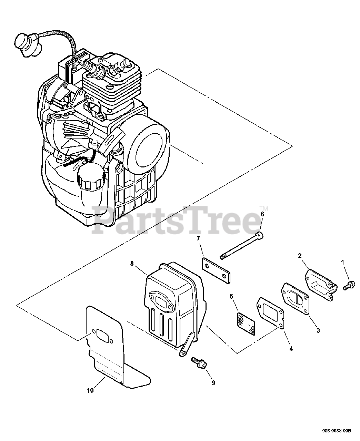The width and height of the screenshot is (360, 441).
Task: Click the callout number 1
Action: (343, 263)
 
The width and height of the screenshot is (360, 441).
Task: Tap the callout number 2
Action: (300, 255)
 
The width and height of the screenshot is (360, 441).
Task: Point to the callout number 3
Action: (318, 330)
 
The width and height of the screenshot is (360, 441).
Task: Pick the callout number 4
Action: (291, 349)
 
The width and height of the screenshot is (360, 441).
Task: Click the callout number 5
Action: (232, 296)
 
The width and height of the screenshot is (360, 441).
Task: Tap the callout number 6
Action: (262, 214)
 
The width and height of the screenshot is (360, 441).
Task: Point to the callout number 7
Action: (198, 238)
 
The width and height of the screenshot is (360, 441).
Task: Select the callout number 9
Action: (213, 382)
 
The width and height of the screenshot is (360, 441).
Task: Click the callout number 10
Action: (90, 390)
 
